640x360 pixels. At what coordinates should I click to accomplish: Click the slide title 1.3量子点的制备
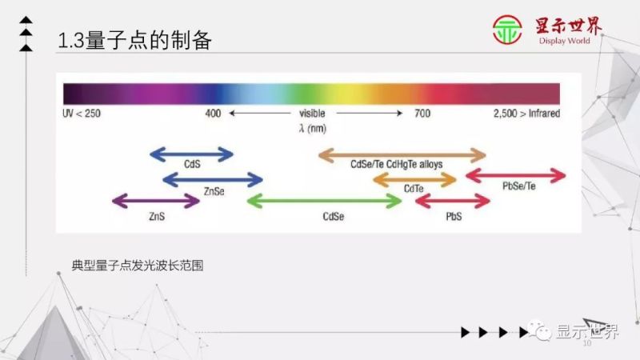[136, 40]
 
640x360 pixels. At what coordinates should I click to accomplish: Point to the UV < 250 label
[82, 114]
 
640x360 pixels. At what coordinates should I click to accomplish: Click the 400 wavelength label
[213, 114]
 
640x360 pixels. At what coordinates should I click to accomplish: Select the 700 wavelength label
[422, 114]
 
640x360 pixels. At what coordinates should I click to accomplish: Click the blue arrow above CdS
[192, 154]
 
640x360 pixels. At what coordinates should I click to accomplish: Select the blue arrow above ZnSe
[213, 178]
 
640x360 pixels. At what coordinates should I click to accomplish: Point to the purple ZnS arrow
[156, 201]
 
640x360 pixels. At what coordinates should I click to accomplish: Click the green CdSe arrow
[325, 201]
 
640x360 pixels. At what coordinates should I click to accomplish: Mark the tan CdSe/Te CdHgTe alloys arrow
[402, 154]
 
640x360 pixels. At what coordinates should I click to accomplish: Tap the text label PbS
[454, 217]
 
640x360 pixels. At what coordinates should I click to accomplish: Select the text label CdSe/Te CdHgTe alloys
[397, 165]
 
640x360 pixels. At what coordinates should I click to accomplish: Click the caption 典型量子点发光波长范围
[137, 265]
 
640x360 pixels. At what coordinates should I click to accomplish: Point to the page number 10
[586, 345]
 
